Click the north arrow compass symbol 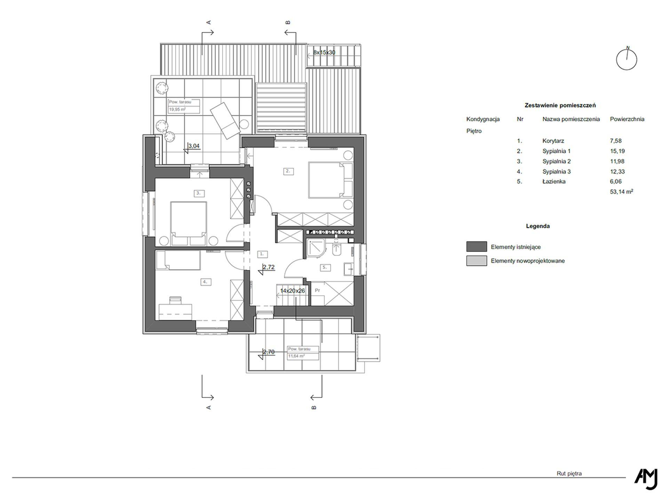tap(627, 59)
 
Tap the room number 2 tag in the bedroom tap(288, 171)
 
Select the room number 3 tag tap(199, 193)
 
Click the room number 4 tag tap(205, 282)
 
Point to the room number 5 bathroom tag tap(325, 267)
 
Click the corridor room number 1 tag tap(262, 254)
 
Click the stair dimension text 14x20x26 tap(293, 291)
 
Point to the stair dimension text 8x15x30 tap(324, 53)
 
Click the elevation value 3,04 tap(194, 146)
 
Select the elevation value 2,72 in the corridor tap(269, 267)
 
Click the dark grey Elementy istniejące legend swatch tap(477, 247)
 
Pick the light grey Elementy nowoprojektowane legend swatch tap(477, 261)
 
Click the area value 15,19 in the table tap(616, 151)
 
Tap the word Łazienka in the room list tap(554, 181)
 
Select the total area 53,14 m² tap(621, 191)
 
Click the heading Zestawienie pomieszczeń tap(560, 105)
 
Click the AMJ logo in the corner tap(646, 479)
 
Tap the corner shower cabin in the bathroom tap(316, 248)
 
